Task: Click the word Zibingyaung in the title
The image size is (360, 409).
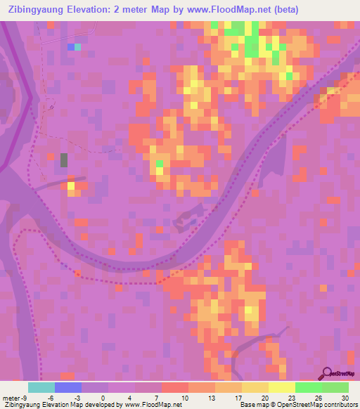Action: click(x=38, y=10)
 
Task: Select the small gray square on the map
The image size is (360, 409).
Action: click(x=64, y=160)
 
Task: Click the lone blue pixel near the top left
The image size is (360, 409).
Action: click(x=70, y=47)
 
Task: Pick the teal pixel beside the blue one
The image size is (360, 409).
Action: click(x=77, y=47)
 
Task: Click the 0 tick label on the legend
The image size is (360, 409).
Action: click(x=103, y=397)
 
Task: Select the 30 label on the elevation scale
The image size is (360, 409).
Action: click(x=344, y=397)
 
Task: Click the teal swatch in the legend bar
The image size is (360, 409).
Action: click(x=41, y=387)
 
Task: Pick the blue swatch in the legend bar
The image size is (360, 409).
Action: click(x=68, y=387)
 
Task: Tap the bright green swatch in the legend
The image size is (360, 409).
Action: click(x=309, y=387)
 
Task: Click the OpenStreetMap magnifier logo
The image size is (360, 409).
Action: click(x=328, y=374)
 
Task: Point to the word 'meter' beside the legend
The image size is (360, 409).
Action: click(x=10, y=397)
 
